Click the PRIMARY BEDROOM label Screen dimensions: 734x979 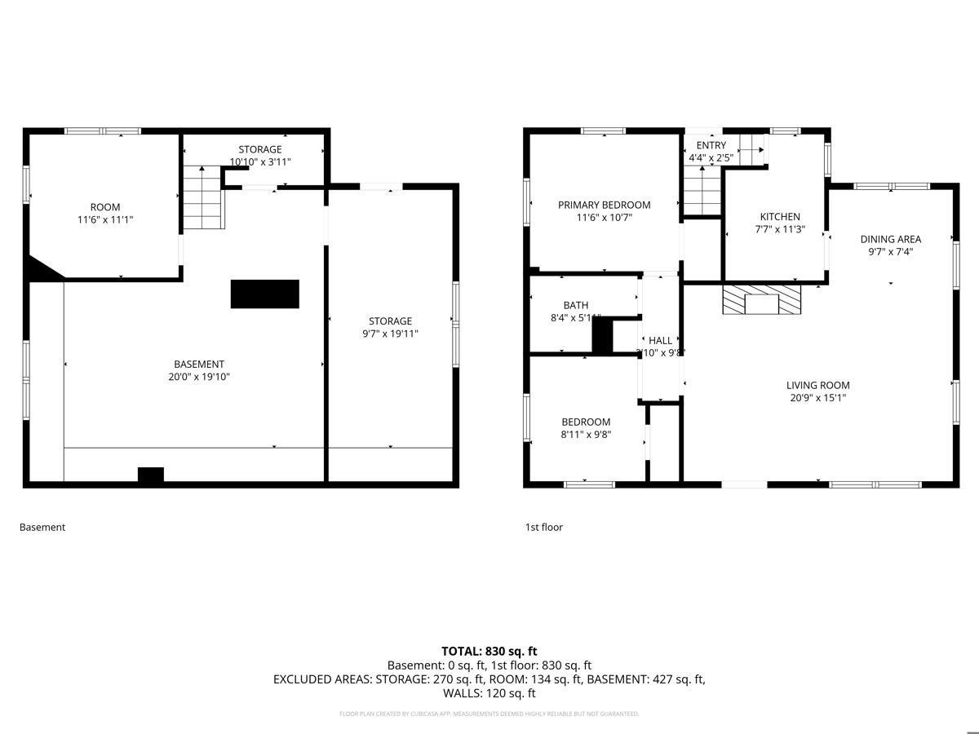coord(604,205)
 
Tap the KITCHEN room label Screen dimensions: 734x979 coord(780,216)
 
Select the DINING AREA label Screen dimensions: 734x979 coord(890,239)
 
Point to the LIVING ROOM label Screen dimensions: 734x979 coord(817,385)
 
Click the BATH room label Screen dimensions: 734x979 coord(575,305)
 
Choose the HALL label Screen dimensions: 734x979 coord(660,340)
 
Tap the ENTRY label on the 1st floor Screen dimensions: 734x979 coord(711,145)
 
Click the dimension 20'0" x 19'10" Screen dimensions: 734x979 coord(198,377)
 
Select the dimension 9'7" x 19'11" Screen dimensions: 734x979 coord(389,333)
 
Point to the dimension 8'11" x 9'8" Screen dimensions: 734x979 coord(586,435)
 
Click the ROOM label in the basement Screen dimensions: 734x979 coord(105,207)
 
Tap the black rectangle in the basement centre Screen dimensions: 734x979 coord(264,294)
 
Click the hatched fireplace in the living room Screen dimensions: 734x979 coord(762,299)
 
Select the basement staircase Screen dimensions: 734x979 coord(202,197)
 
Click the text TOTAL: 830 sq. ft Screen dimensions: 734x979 coord(489,651)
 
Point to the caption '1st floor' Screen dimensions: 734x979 coord(543,527)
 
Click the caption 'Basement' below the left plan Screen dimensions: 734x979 coord(42,527)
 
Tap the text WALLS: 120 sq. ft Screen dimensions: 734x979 coord(489,693)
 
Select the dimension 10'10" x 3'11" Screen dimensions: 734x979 coord(259,161)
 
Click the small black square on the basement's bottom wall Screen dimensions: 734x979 coord(150,475)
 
